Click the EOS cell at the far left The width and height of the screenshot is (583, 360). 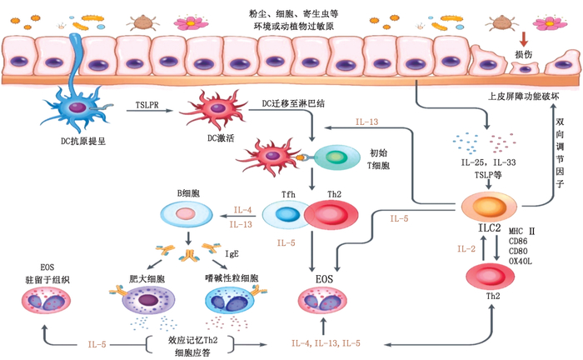42,302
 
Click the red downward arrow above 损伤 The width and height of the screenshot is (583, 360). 524,38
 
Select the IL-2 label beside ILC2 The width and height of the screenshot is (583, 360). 466,248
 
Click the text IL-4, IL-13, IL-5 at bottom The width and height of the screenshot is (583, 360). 326,342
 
